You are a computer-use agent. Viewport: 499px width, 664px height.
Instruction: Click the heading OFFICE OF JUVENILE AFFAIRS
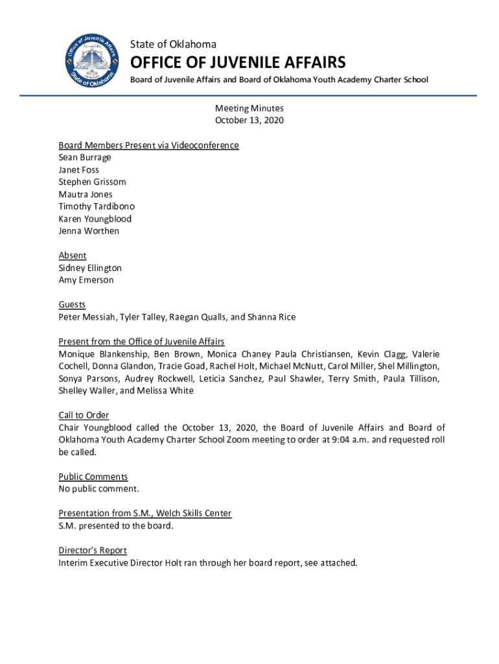point(238,62)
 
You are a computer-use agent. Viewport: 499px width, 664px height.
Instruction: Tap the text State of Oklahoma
point(173,44)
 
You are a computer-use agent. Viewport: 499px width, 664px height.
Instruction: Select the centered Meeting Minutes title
point(250,108)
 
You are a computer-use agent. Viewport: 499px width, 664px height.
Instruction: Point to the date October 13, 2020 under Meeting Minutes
point(250,121)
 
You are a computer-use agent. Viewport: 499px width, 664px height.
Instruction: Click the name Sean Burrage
point(85,158)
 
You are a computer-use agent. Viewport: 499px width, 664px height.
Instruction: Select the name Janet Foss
point(79,170)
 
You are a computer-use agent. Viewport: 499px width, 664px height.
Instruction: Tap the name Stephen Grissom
point(92,182)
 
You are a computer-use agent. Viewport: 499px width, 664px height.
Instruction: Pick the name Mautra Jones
point(86,195)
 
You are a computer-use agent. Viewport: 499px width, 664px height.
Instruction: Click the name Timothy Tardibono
point(97,207)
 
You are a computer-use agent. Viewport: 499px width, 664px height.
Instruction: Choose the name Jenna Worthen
point(89,231)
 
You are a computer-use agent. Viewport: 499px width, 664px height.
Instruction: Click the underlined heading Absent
point(73,255)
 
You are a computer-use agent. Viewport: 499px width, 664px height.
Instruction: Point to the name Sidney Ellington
point(90,268)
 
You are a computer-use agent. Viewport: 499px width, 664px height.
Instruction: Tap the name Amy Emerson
point(86,280)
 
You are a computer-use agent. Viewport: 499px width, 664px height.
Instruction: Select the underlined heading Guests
point(72,305)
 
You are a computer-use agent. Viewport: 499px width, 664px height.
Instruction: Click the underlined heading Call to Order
point(84,415)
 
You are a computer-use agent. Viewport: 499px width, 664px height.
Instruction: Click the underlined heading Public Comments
point(93,477)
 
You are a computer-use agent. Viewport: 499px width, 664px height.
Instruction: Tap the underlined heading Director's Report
point(93,551)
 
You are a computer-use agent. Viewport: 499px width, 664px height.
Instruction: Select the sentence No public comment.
point(99,489)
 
